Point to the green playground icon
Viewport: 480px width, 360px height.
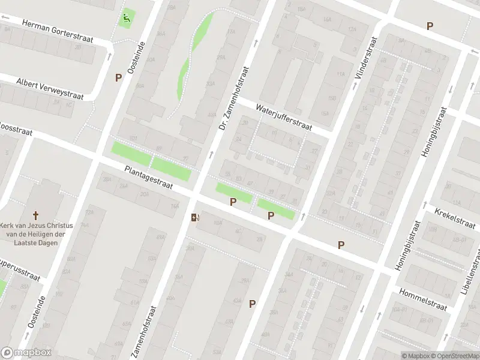point(127,18)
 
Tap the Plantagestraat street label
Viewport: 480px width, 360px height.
point(149,178)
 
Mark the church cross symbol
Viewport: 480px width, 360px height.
point(36,215)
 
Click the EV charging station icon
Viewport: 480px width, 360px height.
point(195,217)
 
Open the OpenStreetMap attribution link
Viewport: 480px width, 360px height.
point(454,356)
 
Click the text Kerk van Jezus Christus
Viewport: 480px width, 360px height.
point(36,226)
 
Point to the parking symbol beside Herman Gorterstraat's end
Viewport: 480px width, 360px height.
point(118,77)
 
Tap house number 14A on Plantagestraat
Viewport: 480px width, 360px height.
point(175,206)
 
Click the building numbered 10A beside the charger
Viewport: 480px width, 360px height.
point(218,222)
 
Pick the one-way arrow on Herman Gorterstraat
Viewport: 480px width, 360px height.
point(6,17)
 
